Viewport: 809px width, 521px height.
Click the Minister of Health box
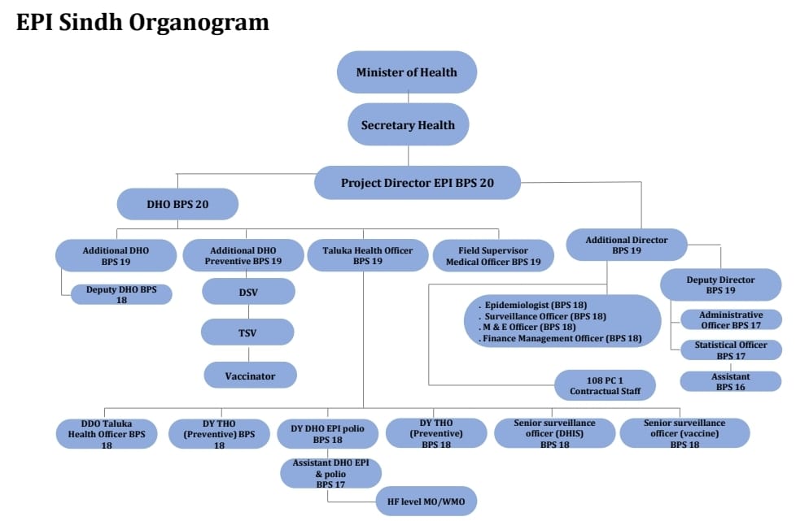406,72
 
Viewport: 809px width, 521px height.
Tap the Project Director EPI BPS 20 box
417,183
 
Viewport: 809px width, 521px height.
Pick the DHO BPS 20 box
177,204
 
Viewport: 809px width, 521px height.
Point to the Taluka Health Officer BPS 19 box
361,255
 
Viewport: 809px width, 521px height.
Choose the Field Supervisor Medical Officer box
493,255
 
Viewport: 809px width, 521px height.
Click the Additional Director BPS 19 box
627,245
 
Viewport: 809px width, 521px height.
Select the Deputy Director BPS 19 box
720,284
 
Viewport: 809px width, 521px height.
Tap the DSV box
248,292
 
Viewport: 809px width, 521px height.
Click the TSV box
248,332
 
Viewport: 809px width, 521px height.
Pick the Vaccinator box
250,376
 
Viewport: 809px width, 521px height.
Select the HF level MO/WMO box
426,501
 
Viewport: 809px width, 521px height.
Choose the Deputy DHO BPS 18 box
122,294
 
